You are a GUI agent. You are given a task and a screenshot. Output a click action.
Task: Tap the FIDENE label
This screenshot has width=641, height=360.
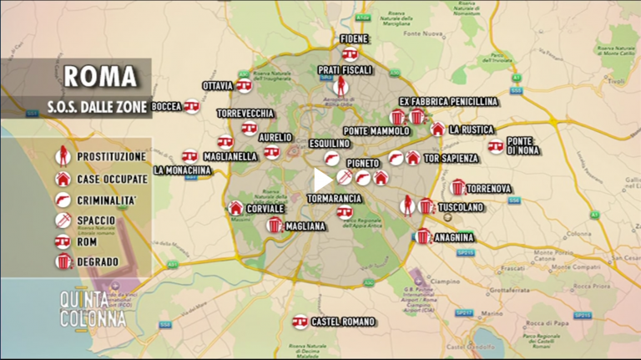coord(354,39)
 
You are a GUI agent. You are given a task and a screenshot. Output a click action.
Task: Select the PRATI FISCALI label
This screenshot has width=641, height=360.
coord(345,70)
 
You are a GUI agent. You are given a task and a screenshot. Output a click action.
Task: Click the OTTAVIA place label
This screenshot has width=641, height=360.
coord(218,85)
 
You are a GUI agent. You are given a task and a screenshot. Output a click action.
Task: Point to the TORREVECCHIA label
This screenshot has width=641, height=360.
coord(245,113)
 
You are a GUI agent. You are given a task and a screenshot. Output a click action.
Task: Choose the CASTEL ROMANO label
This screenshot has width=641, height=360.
coord(342,322)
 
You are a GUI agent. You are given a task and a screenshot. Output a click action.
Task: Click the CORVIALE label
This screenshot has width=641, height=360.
coord(266,208)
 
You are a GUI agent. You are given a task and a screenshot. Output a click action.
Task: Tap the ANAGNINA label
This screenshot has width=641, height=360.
coord(453,237)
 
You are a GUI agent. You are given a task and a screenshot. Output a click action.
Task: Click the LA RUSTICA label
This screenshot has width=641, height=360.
coord(472,129)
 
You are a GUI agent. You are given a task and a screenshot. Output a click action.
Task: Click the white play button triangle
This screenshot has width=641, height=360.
coord(323,180)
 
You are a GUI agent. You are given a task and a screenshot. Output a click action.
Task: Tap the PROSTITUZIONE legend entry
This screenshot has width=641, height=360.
coord(111,156)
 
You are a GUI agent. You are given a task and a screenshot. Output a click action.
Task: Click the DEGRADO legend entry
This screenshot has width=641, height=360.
coord(97,262)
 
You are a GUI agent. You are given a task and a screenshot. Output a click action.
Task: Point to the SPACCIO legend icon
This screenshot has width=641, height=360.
coord(63,221)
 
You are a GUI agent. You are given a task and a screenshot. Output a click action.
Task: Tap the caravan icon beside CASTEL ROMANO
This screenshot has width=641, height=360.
coord(300,322)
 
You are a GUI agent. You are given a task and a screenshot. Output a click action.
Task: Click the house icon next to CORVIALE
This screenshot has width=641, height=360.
coord(236,208)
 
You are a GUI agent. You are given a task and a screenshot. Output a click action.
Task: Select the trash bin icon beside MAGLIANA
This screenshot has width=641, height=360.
coord(275,226)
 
